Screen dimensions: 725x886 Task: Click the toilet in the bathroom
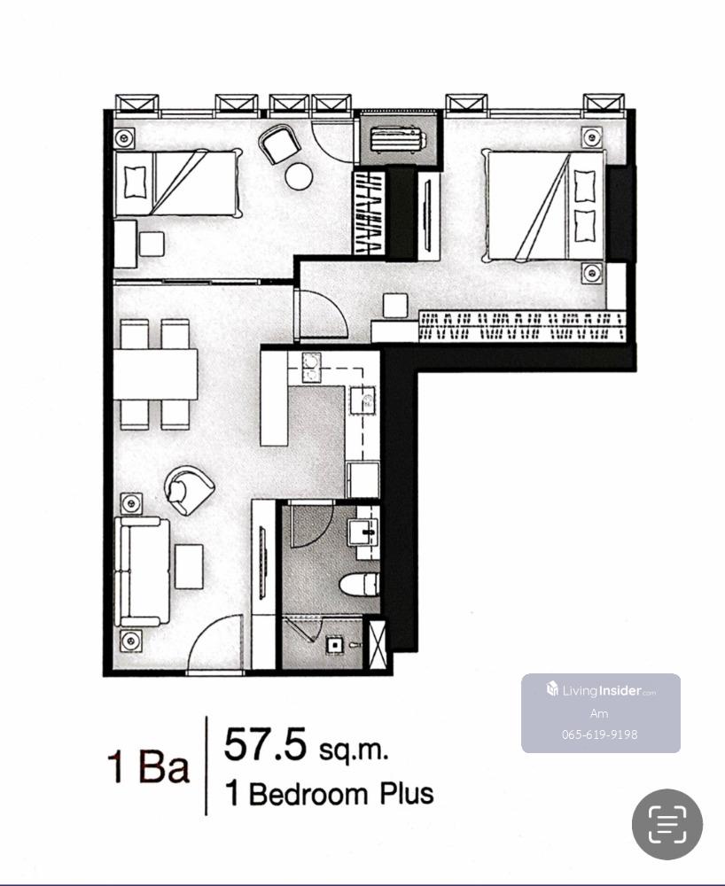coord(359,585)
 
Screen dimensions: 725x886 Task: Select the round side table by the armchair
coord(299,175)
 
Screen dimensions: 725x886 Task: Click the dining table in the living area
coord(155,375)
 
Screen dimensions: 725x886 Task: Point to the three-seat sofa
coord(142,571)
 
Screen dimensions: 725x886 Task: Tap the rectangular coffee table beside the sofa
coord(189,567)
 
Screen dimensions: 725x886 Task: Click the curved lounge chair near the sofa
coord(189,490)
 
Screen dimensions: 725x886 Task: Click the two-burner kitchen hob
coord(311,368)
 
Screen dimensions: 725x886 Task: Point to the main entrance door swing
coord(216,644)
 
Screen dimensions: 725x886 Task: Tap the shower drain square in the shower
coord(334,645)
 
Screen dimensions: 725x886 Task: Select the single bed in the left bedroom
coord(178,183)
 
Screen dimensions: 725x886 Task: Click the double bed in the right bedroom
coord(543,206)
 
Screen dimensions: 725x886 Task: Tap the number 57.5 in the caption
coord(265,744)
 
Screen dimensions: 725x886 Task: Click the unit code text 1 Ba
coord(148,766)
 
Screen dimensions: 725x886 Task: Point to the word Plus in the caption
coord(406,793)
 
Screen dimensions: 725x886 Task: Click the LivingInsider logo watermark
coord(601,690)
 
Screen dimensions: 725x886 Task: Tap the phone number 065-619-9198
coord(599,734)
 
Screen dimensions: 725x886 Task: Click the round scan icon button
coord(667,824)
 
